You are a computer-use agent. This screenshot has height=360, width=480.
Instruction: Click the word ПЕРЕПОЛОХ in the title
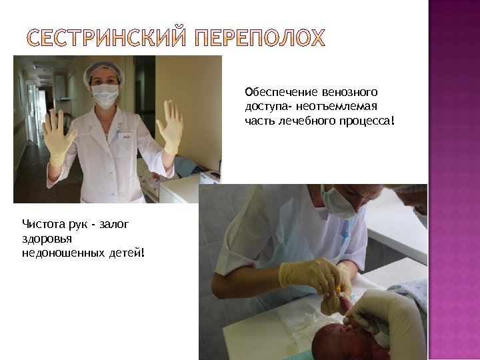pos(261,38)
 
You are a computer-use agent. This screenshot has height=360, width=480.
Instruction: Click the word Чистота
pos(43,223)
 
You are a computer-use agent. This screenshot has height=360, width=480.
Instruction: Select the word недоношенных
pos(60,253)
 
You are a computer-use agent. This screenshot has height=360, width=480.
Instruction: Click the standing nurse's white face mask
pos(105,95)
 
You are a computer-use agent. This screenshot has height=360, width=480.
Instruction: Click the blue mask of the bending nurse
pos(338,203)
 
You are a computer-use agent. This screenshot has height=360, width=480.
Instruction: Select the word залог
pos(113,223)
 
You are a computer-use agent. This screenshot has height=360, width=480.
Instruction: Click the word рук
pos(79,223)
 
